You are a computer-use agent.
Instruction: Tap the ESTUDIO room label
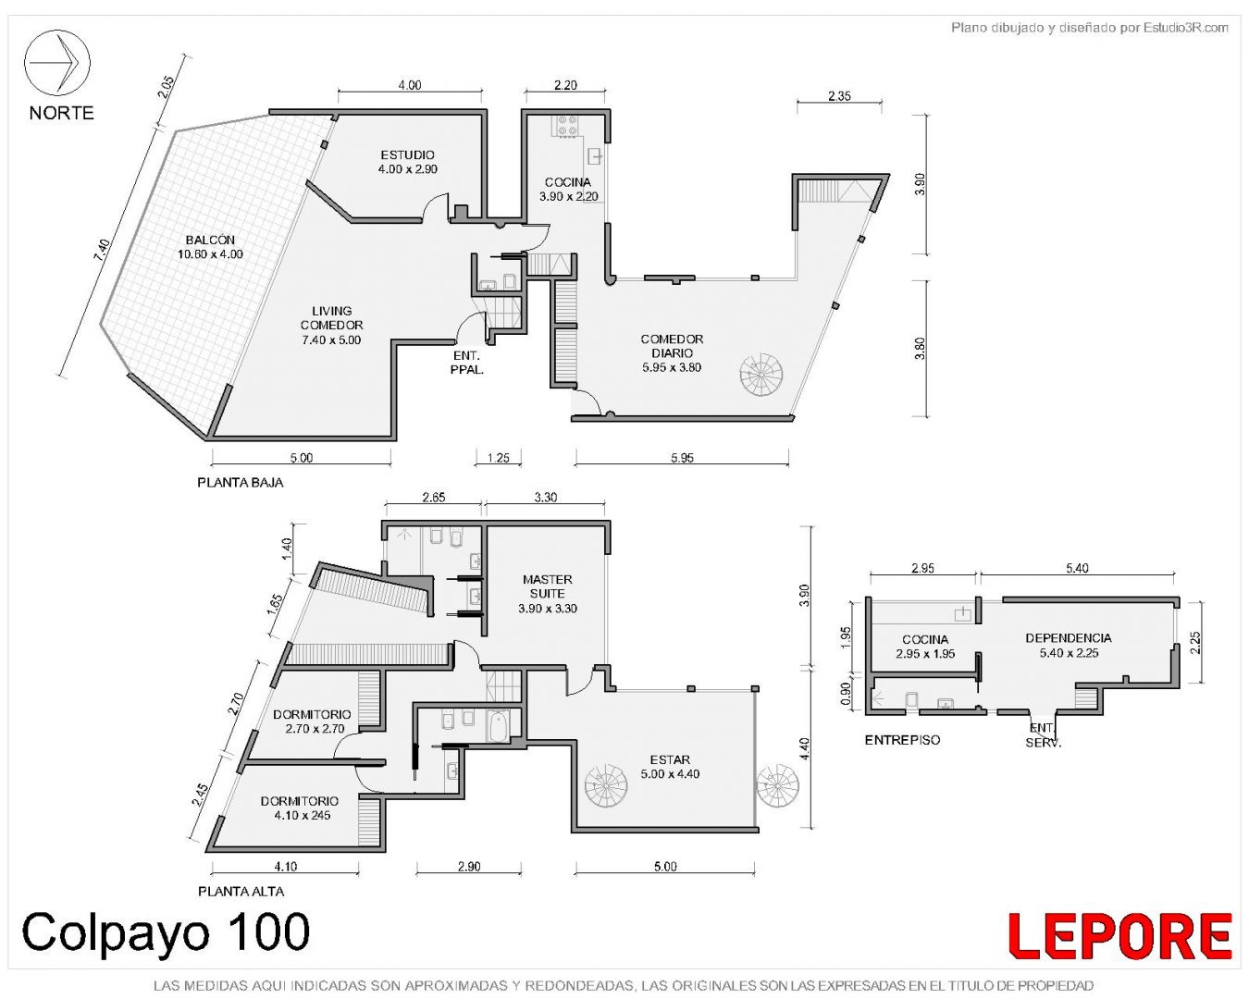[407, 155]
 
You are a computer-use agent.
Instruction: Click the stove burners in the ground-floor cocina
[567, 126]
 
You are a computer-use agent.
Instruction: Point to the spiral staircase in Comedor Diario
[761, 375]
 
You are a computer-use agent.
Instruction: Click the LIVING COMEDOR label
[331, 318]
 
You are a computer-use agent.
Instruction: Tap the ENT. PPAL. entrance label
[466, 363]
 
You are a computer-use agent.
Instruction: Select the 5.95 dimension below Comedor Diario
[682, 458]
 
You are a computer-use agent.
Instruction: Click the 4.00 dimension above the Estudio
[409, 85]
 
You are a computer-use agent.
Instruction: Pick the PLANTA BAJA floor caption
[241, 482]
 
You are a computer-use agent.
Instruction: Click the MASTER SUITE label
[548, 586]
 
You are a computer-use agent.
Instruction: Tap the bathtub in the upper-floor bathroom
[498, 726]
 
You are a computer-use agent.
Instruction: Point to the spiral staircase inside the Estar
[607, 786]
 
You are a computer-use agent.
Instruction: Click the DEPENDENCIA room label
[1068, 638]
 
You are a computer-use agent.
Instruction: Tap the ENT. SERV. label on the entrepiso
[1043, 734]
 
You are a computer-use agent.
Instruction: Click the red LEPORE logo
[1119, 936]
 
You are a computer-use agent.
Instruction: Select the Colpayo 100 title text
[166, 931]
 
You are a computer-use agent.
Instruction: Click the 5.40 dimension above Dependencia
[1077, 568]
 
